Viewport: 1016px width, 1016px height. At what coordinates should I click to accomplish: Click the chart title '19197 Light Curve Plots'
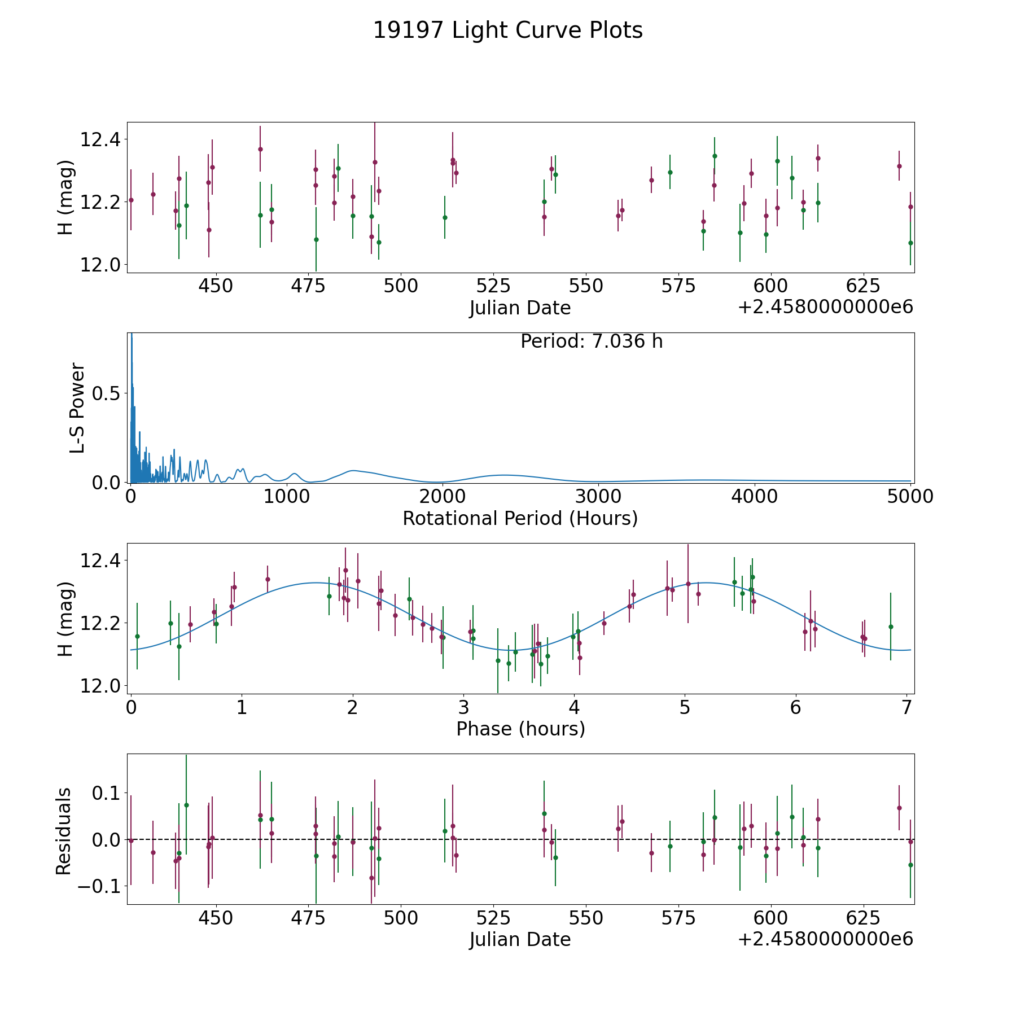tap(508, 30)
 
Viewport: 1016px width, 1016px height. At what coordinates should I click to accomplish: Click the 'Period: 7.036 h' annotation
tap(592, 341)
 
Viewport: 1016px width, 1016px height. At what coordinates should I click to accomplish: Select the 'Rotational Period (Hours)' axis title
tap(520, 518)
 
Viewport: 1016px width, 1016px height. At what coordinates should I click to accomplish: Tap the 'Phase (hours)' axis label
tap(520, 729)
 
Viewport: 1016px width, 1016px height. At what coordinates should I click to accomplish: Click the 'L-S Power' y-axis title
tap(77, 408)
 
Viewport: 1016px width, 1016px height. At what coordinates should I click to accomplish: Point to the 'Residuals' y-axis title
tap(64, 831)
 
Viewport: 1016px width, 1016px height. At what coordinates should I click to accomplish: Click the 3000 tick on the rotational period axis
tap(598, 496)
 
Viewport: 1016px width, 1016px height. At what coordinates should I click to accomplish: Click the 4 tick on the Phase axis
tap(574, 707)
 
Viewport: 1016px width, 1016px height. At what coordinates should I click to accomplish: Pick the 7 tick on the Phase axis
tap(906, 707)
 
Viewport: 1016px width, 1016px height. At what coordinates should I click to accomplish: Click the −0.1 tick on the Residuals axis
tap(98, 886)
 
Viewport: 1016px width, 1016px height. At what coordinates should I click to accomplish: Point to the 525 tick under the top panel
tap(493, 286)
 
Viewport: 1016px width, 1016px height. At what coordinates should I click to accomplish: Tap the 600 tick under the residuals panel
tap(770, 918)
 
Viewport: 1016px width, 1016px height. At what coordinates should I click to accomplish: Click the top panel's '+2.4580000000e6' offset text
tap(825, 307)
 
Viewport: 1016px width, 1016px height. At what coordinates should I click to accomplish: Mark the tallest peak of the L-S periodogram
tap(132, 334)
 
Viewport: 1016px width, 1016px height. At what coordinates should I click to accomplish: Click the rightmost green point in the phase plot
tap(891, 627)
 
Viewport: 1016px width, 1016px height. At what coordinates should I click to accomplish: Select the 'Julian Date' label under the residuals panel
tap(520, 939)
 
